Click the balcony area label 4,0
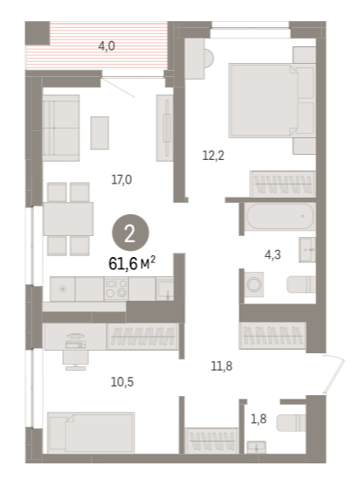pos(107,46)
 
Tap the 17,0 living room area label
pos(121,180)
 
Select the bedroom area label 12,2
pos(213,156)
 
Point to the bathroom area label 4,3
pos(273,254)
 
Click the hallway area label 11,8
pos(221,365)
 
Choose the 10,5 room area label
pos(122,381)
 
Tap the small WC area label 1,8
pos(259,419)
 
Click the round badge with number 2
pos(130,233)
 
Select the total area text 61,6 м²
pos(132,263)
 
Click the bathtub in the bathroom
pos(280,216)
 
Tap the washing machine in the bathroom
pos(254,284)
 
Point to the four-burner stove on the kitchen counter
pos(116,289)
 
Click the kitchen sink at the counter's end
pos(164,289)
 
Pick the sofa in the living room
pos(61,128)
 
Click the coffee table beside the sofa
pos(100,133)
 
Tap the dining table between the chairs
pos(68,219)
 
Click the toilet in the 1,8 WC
pos(291,423)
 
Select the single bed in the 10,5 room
pos(91,433)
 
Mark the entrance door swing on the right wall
pos(334,374)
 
